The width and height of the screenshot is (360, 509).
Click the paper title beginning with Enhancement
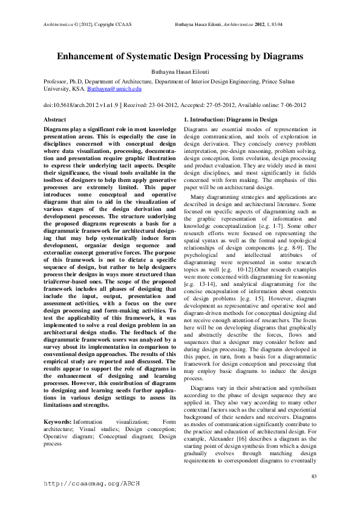180,56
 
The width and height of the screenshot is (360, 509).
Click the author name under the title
180,71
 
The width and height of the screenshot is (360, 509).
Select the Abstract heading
55,120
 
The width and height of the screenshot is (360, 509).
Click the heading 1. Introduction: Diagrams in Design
231,120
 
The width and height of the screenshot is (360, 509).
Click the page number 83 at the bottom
313,478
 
